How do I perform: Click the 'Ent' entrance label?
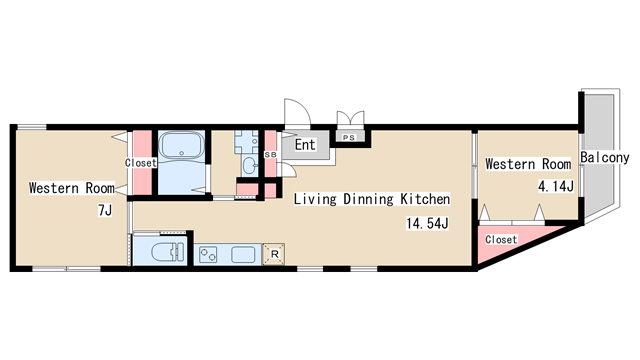pos(305,144)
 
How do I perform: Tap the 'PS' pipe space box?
pos(349,138)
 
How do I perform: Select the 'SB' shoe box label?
pos(270,155)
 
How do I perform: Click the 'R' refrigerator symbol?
pos(274,254)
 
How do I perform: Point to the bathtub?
pos(182,145)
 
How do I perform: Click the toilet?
pos(167,252)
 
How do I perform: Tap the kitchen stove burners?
pos(208,255)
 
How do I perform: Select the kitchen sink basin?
pos(243,255)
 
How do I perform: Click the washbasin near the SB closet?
pos(249,166)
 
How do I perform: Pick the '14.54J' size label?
pos(427,223)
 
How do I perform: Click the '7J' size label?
pos(105,211)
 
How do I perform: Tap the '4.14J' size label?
pos(556,187)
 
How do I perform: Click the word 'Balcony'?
pos(604,158)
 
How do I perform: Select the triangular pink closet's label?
pos(501,239)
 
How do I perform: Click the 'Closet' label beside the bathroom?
pos(141,162)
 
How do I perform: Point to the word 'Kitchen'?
pos(425,199)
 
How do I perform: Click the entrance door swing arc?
pos(302,105)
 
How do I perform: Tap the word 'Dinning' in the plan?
pos(368,199)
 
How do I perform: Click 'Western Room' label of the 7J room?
pos(72,188)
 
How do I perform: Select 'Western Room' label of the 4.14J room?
pos(528,164)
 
